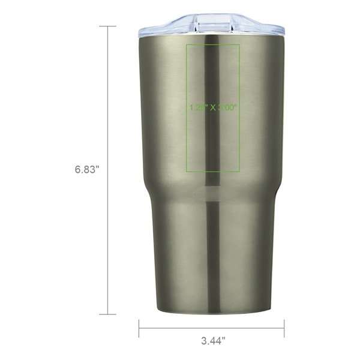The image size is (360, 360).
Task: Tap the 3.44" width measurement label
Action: pyautogui.click(x=213, y=341)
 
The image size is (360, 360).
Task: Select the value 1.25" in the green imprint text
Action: pyautogui.click(x=199, y=108)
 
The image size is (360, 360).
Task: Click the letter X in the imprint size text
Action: pyautogui.click(x=214, y=108)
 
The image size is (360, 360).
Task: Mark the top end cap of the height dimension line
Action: pyautogui.click(x=107, y=26)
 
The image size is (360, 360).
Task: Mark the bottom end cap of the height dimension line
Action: pyautogui.click(x=107, y=314)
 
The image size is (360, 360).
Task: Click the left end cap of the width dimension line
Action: pyautogui.click(x=139, y=328)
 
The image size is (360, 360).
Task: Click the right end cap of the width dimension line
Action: pyautogui.click(x=284, y=328)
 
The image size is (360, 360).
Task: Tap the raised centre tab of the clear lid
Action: pyautogui.click(x=212, y=20)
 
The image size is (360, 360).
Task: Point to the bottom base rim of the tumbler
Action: pyautogui.click(x=212, y=310)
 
